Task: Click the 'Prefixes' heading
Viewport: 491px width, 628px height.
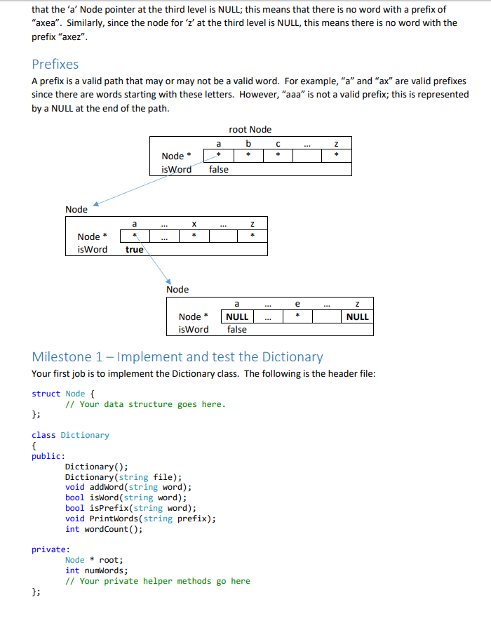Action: pyautogui.click(x=55, y=65)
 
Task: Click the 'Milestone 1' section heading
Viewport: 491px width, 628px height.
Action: pyautogui.click(x=177, y=356)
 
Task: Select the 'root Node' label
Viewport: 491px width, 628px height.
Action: pyautogui.click(x=250, y=129)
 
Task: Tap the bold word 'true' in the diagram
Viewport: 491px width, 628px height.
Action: pyautogui.click(x=134, y=250)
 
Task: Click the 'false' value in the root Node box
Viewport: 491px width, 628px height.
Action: pyautogui.click(x=218, y=169)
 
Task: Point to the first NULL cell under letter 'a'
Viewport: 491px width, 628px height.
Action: pyautogui.click(x=237, y=316)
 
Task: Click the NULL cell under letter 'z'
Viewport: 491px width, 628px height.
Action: pyautogui.click(x=357, y=316)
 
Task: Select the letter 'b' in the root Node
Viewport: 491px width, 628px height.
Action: pyautogui.click(x=248, y=143)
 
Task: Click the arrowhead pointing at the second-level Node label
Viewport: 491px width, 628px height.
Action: pyautogui.click(x=95, y=205)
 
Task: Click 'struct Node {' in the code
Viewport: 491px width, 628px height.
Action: pyautogui.click(x=67, y=394)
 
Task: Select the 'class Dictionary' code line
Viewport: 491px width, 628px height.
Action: pyautogui.click(x=70, y=435)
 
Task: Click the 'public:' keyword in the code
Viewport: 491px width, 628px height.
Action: pyautogui.click(x=48, y=456)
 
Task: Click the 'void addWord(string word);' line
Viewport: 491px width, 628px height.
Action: pyautogui.click(x=128, y=487)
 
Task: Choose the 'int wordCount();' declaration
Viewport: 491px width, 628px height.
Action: pyautogui.click(x=103, y=529)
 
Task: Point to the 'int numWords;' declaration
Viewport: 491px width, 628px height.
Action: pyautogui.click(x=96, y=570)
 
